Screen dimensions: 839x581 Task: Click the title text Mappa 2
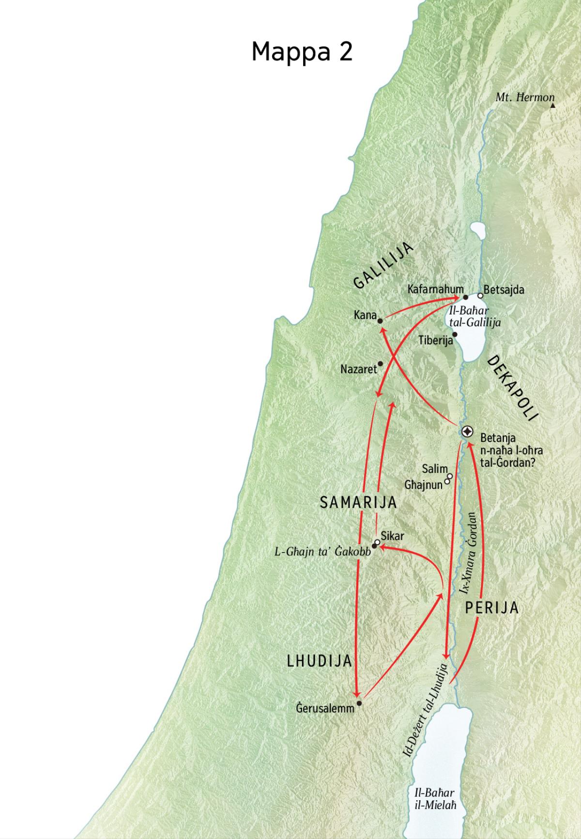(302, 51)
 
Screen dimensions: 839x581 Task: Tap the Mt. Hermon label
(524, 97)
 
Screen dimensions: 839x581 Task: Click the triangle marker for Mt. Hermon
(552, 105)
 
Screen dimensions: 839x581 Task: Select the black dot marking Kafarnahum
(465, 297)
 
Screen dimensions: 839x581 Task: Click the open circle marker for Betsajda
(480, 295)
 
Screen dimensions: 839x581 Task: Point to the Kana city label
(365, 316)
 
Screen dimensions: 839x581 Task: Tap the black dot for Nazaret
(381, 364)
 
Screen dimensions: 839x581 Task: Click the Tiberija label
(435, 340)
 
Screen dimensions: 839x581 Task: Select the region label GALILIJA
(383, 266)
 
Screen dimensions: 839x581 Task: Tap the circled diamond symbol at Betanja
(467, 431)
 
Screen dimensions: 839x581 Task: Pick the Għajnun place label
(424, 484)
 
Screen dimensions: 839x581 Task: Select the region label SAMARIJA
(358, 503)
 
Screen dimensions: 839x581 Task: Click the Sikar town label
(392, 536)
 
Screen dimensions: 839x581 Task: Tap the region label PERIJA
(491, 608)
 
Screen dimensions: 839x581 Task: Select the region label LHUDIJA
(319, 661)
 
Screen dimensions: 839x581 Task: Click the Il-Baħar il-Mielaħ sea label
(435, 798)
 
